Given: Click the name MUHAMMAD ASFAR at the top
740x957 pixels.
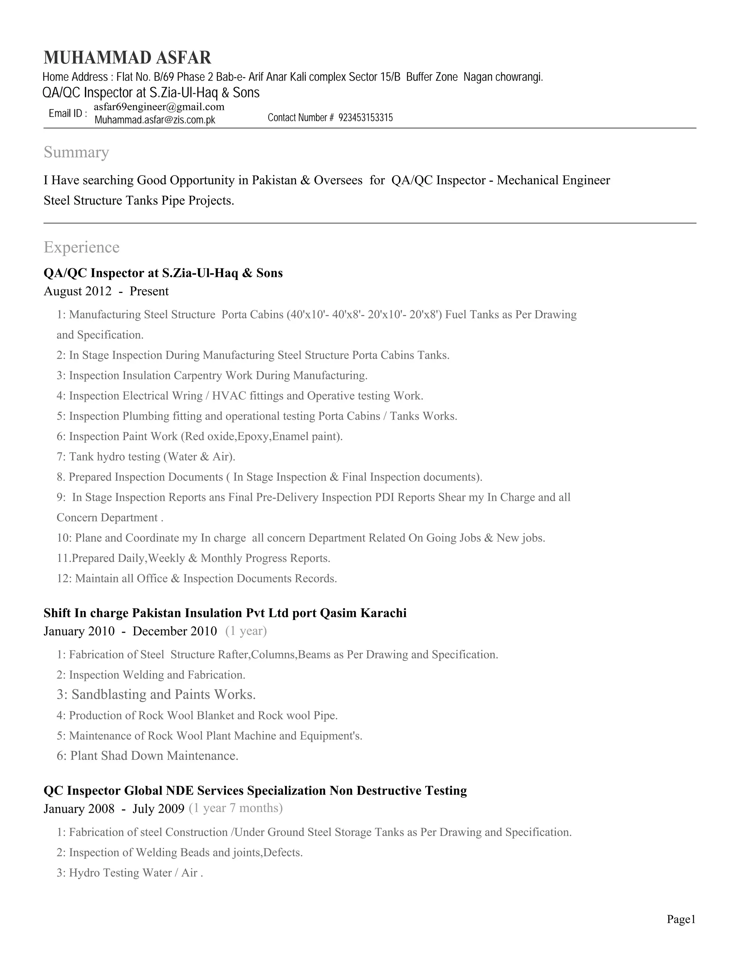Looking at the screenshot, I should [127, 58].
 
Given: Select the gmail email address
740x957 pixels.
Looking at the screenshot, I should [159, 107].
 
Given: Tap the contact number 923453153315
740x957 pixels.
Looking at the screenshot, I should [366, 118].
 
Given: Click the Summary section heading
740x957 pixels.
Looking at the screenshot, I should [76, 152].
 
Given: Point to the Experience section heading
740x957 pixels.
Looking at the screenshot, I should [82, 247].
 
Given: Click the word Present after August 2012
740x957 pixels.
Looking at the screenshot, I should [149, 291].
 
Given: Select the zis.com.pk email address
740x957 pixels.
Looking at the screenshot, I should [155, 120].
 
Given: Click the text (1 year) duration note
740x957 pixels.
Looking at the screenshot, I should [246, 631].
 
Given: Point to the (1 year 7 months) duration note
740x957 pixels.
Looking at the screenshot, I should [236, 808].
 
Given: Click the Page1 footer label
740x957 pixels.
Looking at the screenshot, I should [681, 919].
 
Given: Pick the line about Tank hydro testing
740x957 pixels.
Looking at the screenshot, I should [146, 456].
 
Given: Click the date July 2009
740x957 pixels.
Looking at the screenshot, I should [158, 809].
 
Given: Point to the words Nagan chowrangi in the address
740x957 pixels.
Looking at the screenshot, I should [503, 77].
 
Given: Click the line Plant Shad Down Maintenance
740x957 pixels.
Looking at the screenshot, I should [147, 756].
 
